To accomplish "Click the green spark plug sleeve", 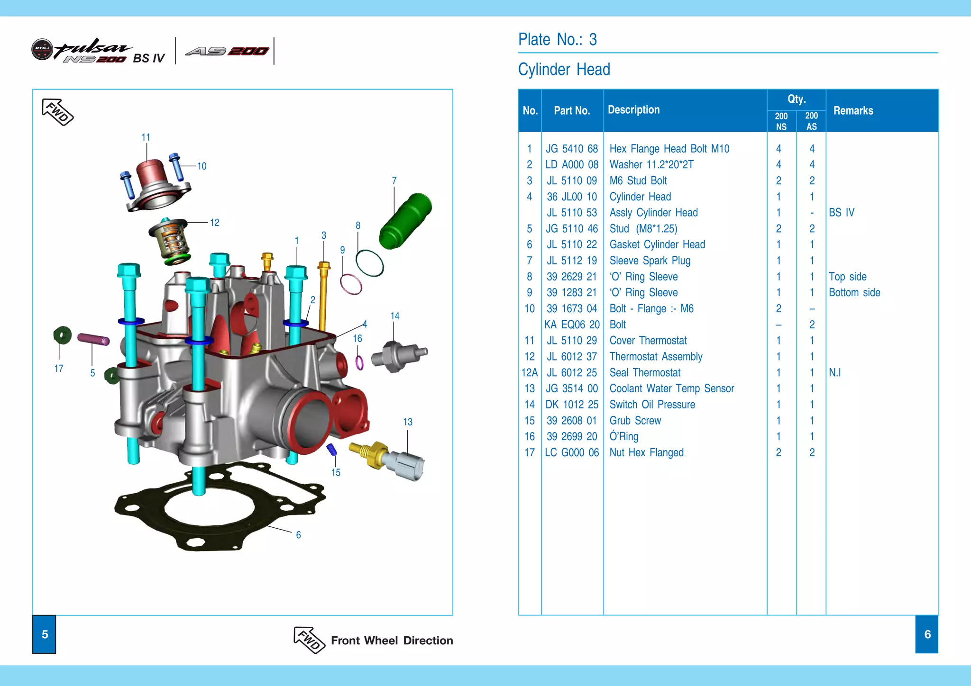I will point(406,221).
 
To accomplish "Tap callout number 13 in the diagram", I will point(408,422).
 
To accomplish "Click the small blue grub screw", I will point(332,449).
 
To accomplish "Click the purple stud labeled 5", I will point(93,339).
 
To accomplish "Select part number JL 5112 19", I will point(572,261).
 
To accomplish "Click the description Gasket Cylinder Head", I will point(657,244).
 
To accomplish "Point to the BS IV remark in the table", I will point(842,213).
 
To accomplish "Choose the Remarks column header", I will point(853,110).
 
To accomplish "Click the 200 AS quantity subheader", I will point(811,121).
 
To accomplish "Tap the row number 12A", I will point(529,373).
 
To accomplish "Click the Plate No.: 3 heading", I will point(558,39).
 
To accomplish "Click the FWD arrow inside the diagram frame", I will point(57,112).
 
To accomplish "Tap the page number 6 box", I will point(927,634).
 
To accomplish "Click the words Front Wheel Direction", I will point(392,641).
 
